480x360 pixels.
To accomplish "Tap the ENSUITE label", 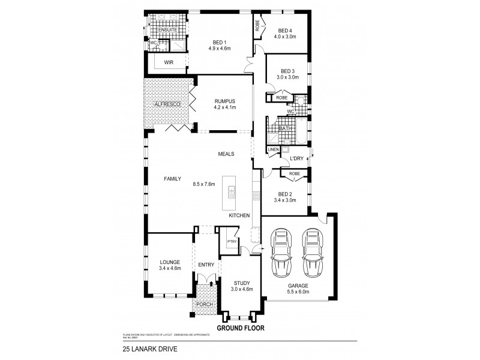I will pyautogui.click(x=167, y=29).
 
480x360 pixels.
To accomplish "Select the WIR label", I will pyautogui.click(x=169, y=62).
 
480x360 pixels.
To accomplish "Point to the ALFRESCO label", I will pyautogui.click(x=167, y=104).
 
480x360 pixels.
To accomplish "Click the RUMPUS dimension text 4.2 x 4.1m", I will pyautogui.click(x=225, y=108).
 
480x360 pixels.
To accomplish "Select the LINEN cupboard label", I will pyautogui.click(x=274, y=149).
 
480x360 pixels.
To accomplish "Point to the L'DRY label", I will pyautogui.click(x=296, y=158).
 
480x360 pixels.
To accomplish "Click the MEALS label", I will pyautogui.click(x=226, y=154).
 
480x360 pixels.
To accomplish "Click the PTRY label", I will pyautogui.click(x=232, y=241).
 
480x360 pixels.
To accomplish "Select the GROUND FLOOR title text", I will pyautogui.click(x=239, y=328).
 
